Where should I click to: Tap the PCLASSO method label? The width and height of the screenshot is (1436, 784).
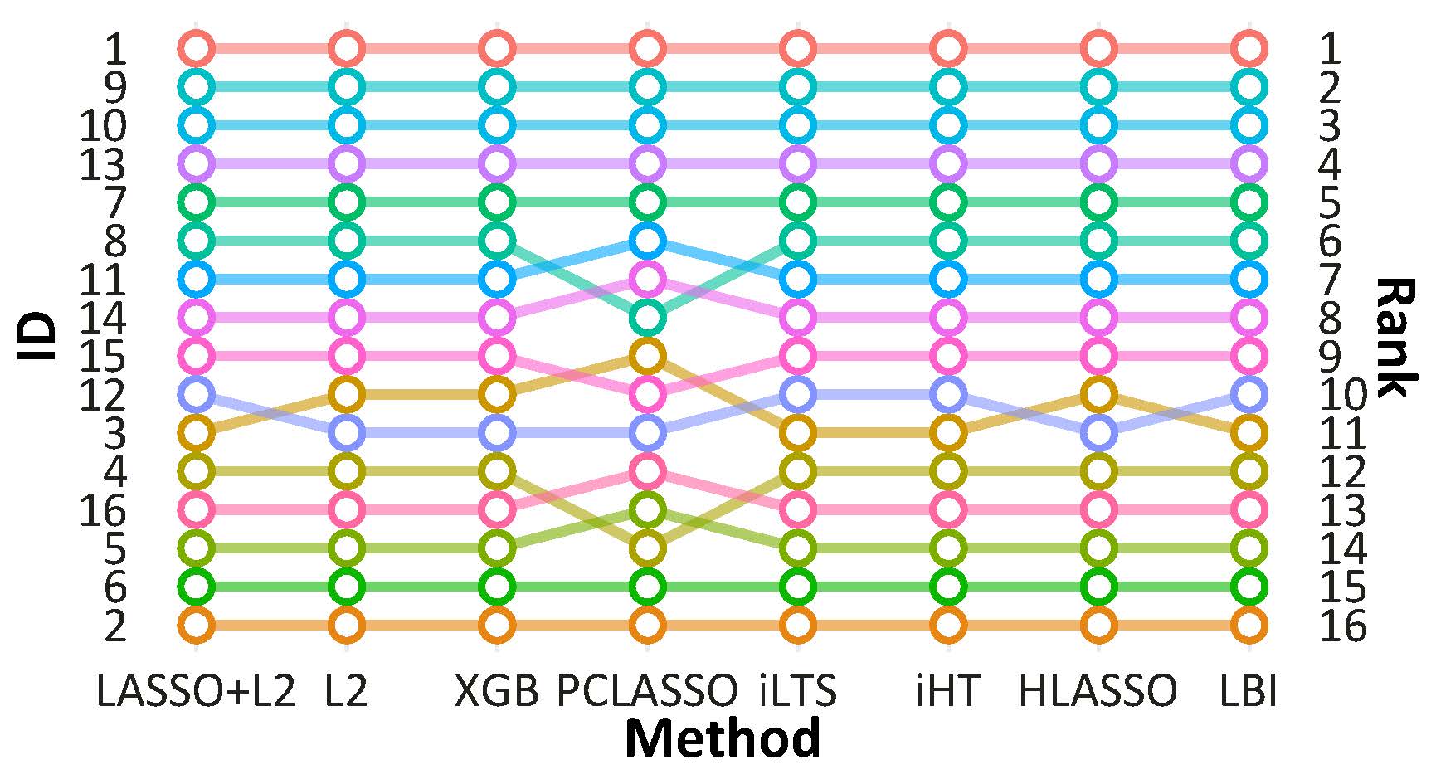coord(647,690)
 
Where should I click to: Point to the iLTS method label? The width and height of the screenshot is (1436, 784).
coord(797,690)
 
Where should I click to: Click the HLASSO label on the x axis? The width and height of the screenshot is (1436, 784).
coord(1098,690)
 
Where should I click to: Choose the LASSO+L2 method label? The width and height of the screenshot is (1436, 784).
coord(196,690)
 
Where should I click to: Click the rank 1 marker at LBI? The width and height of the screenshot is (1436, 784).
coord(1249,48)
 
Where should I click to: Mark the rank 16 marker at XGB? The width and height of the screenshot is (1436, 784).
coord(497,625)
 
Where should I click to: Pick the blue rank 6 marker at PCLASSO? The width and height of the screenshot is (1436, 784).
coord(647,241)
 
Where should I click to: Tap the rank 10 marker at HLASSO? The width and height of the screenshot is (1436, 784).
coord(1099,394)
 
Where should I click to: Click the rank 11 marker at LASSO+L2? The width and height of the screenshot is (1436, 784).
coord(197,432)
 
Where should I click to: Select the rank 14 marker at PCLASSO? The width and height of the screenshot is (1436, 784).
coord(647,548)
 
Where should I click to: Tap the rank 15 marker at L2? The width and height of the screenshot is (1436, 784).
coord(346,587)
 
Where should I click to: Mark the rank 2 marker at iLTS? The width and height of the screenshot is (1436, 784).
coord(797,86)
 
